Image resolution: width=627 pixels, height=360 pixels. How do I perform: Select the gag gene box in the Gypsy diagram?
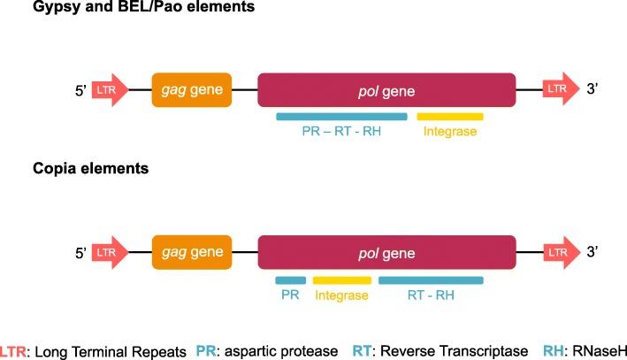192,90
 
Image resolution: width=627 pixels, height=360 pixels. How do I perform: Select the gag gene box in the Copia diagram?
192,253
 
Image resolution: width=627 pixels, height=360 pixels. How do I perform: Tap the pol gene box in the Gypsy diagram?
386,90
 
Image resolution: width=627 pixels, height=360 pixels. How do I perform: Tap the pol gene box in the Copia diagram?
386,253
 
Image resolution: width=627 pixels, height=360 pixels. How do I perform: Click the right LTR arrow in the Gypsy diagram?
559,90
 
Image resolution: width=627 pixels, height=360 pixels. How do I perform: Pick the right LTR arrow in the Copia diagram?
559,253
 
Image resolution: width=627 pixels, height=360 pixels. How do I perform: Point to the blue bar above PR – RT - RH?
341,117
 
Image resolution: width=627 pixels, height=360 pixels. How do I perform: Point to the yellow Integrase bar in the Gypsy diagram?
450,117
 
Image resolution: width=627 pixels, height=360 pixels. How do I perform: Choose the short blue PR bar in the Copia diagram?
291,280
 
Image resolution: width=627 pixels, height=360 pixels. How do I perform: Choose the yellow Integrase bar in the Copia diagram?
340,280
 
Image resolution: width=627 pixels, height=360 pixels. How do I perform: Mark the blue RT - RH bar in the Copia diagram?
431,280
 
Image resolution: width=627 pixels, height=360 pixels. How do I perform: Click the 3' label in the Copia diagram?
593,254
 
